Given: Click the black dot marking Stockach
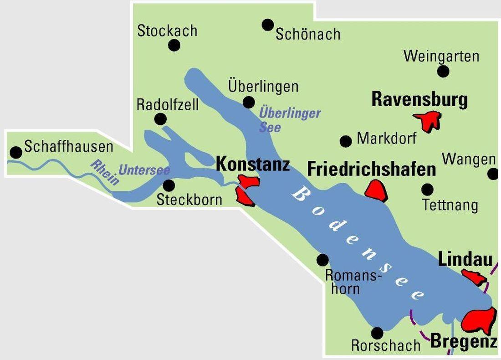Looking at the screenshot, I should [174, 45].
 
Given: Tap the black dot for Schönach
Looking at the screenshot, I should [268, 25].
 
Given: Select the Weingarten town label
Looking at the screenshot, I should [441, 56].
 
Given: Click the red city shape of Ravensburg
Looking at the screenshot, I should [428, 120].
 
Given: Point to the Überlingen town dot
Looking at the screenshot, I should [249, 102].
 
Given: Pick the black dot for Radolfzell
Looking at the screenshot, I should [160, 119].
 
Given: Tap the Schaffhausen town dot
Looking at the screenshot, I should [16, 152].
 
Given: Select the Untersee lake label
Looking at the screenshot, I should [144, 170].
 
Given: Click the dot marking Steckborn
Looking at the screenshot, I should [169, 185].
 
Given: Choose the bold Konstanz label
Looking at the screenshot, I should [253, 164].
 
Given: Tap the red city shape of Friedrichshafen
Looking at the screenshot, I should [376, 190].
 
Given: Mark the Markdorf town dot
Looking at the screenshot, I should [346, 141].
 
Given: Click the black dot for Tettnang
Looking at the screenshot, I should [427, 189].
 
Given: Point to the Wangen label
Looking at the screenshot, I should [469, 159].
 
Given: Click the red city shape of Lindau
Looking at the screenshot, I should [474, 277].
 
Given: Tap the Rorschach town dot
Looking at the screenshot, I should [377, 333].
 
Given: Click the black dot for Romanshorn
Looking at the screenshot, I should [322, 260].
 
